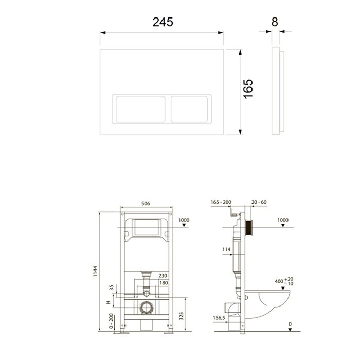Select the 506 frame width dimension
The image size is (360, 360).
coord(147,204)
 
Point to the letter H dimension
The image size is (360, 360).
coord(107,303)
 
